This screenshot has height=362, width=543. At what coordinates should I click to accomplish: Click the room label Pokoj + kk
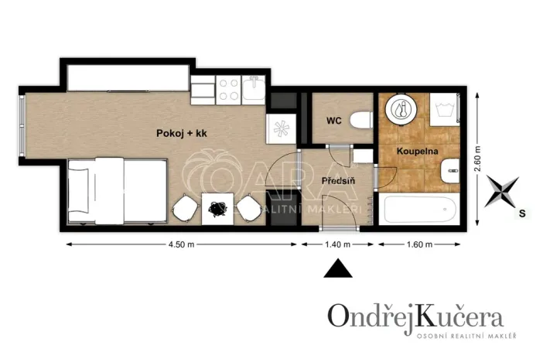(x=180, y=134)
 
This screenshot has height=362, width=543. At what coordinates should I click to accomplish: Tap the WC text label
(x=333, y=121)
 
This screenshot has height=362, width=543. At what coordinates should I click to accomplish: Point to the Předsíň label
(x=337, y=181)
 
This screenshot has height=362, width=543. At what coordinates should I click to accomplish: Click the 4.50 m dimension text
(x=180, y=245)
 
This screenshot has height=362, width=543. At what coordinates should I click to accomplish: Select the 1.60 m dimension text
(x=419, y=245)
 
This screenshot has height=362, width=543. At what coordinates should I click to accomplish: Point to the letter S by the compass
(x=523, y=212)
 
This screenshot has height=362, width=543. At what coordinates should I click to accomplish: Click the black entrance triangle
(x=337, y=268)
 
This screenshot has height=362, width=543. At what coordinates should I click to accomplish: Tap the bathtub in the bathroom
(x=418, y=209)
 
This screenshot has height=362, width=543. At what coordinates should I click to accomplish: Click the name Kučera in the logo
(x=460, y=316)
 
